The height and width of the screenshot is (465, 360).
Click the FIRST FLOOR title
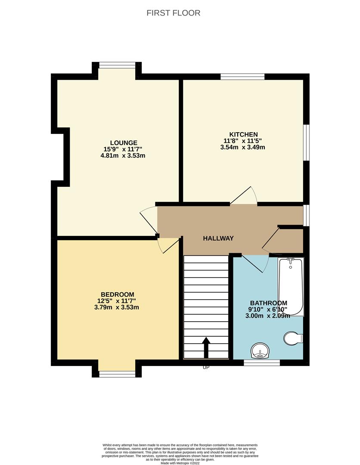tap(173, 13)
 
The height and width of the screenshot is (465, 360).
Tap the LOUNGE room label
tap(124, 143)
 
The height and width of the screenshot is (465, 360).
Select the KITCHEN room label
tap(243, 134)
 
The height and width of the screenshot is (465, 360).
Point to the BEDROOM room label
tap(118, 294)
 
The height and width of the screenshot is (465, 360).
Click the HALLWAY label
tap(218, 238)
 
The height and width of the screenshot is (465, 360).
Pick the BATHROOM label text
tap(269, 303)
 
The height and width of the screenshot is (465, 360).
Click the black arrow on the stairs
tap(206, 347)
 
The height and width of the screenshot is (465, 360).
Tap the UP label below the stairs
tap(206, 367)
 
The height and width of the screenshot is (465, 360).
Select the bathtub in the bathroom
tap(291, 286)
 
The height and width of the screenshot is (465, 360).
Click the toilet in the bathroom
tap(293, 338)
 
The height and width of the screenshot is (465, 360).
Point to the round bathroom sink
tap(260, 350)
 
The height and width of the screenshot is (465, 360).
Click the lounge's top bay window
tap(118, 65)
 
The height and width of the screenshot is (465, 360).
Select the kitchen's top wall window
tap(242, 77)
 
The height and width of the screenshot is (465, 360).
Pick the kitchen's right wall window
tap(306, 143)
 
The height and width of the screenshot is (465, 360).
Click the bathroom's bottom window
tap(262, 363)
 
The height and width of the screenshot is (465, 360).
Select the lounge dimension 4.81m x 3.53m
tap(123, 155)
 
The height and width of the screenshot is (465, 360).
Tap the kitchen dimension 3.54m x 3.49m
tap(242, 147)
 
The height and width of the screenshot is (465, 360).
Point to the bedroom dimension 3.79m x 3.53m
tap(118, 307)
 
